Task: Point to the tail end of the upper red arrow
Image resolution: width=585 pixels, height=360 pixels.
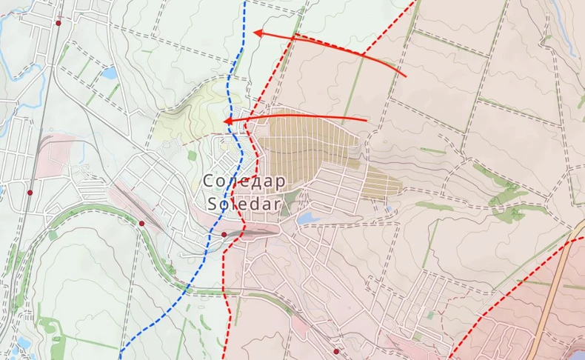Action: [x=406, y=76]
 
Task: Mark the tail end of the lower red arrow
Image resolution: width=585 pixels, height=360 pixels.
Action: [x=367, y=119]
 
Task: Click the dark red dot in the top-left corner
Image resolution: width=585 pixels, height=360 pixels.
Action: [x=58, y=23]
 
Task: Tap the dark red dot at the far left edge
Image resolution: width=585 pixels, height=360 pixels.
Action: [x=30, y=193]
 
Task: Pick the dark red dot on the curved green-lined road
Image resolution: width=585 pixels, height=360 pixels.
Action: [x=141, y=223]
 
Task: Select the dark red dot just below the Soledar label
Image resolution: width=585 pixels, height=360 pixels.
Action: [x=224, y=235]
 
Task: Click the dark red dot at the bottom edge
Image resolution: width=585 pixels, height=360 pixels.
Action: [x=336, y=351]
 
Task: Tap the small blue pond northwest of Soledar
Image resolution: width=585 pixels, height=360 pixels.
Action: [x=110, y=73]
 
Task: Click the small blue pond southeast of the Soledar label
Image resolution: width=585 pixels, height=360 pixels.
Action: [x=306, y=219]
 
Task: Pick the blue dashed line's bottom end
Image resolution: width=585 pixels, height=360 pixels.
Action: [x=120, y=348]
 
